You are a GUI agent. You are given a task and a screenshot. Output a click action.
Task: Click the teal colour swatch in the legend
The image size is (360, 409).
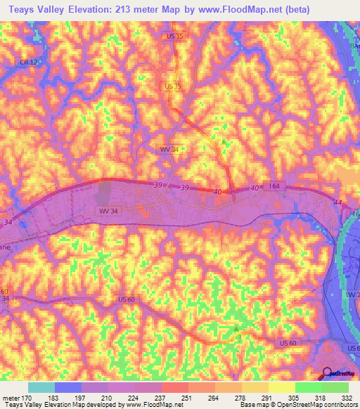click(x=41, y=387)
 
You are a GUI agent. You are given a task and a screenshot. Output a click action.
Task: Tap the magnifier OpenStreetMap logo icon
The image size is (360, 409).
click(x=327, y=373)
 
